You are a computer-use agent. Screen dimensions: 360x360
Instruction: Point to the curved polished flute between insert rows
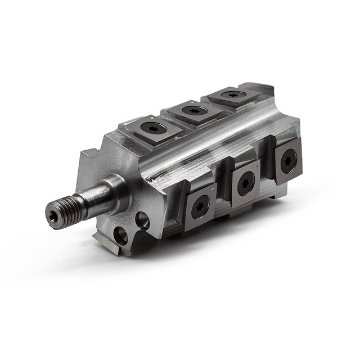pos(202,149)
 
